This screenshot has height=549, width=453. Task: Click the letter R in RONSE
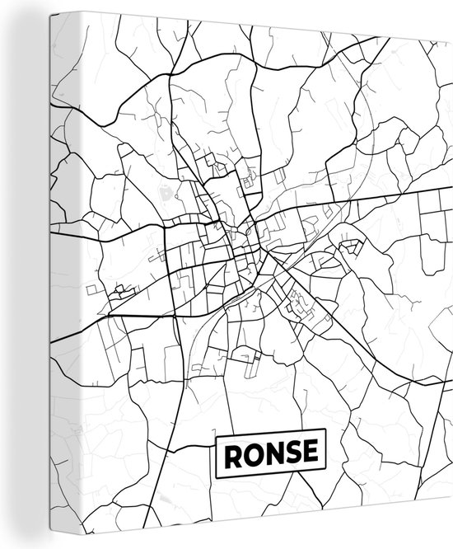pos(230,453)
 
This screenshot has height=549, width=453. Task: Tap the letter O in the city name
pos(249,453)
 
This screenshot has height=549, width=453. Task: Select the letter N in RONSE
pos(270,453)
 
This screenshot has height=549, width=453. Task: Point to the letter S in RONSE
pos(290,453)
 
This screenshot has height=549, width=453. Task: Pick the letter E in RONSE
pos(308,453)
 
